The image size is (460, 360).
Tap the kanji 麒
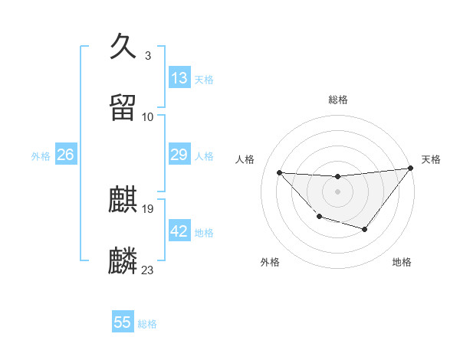[x=123, y=200]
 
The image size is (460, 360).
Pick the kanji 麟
[x=123, y=260]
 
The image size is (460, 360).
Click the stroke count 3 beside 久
[x=148, y=56]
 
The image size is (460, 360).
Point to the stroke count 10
[x=148, y=116]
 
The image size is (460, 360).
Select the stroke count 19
[x=148, y=209]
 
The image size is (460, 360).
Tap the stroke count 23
[x=148, y=270]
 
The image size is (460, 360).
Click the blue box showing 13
[x=179, y=78]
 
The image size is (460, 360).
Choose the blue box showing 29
[x=179, y=155]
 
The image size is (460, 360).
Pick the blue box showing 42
[x=179, y=231]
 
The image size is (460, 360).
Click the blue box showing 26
[x=65, y=155]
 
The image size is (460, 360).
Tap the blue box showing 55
[x=123, y=322]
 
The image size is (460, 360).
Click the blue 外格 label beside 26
[x=41, y=156]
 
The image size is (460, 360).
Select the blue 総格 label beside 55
[x=147, y=324]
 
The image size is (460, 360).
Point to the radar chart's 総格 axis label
[x=338, y=100]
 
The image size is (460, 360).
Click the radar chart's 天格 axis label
[x=431, y=159]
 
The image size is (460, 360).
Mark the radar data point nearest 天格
[x=411, y=169]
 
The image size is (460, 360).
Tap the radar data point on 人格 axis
[x=280, y=172]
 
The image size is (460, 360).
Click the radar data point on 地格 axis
[x=365, y=229]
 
